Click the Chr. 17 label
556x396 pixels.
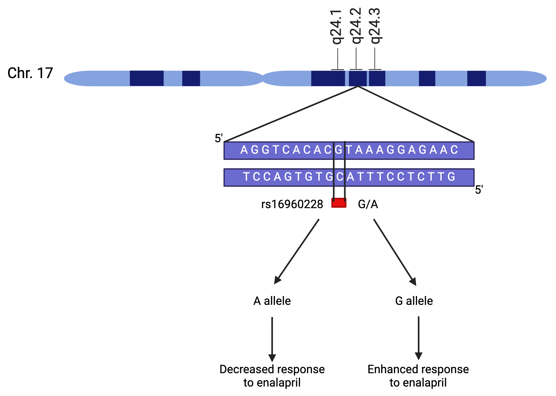[30, 73]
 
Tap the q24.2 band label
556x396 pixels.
[356, 26]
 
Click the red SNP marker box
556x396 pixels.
[339, 203]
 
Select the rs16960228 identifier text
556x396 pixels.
[292, 204]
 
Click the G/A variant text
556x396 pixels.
[368, 204]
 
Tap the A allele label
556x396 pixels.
[272, 301]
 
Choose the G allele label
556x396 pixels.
[414, 301]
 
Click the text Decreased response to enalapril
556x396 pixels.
[272, 376]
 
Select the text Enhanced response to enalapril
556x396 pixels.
[418, 376]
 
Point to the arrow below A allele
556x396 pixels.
[272, 339]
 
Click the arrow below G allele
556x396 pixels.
[418, 338]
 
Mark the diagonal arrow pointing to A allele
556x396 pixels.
[296, 251]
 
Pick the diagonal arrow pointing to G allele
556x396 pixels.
[395, 252]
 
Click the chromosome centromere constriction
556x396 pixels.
[263, 78]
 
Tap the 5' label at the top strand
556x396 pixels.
[219, 138]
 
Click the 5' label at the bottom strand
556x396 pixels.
[479, 190]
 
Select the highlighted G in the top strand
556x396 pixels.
[339, 150]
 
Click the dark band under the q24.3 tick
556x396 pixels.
[377, 78]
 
